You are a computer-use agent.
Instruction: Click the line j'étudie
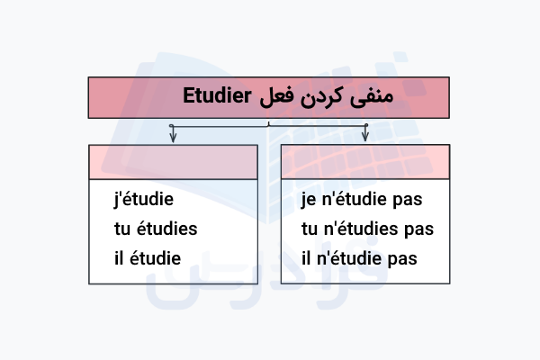(145, 199)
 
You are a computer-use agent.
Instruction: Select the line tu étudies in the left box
(156, 229)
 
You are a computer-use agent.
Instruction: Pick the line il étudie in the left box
(148, 258)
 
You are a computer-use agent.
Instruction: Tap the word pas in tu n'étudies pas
(419, 229)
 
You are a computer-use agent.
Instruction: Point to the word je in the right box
(310, 199)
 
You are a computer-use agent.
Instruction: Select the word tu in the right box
(310, 229)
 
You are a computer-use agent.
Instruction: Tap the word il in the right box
(307, 258)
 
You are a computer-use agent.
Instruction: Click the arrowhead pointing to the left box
(172, 137)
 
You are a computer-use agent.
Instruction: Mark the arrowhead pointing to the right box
(364, 137)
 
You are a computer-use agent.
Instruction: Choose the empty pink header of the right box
(364, 160)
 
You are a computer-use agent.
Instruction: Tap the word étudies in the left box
(167, 229)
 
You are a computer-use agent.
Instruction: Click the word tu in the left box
(122, 229)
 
